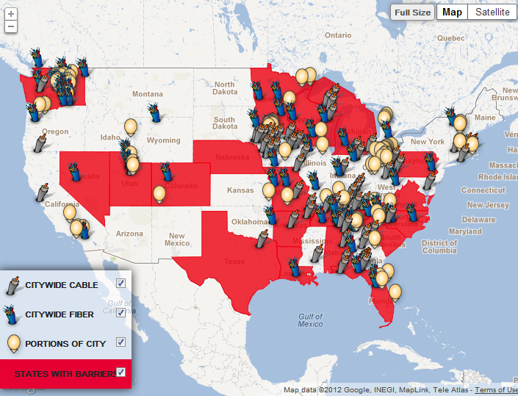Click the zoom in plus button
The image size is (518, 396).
[11, 15]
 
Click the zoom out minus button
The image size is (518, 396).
[11, 26]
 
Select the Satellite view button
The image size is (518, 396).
[492, 12]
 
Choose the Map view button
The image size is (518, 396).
[452, 12]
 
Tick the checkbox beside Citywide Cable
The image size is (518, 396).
[121, 283]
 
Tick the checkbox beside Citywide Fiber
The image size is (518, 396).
[121, 312]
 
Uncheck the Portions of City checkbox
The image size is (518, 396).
[121, 342]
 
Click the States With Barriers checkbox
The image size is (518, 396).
[121, 372]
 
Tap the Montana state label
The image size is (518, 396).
[148, 94]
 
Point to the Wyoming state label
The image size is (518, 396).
[163, 140]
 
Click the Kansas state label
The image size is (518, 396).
[240, 190]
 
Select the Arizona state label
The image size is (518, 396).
[129, 234]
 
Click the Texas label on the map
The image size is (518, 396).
[234, 262]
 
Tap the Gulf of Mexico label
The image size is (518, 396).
[311, 320]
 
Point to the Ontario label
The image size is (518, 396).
[338, 35]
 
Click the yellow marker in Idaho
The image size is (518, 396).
[131, 126]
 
